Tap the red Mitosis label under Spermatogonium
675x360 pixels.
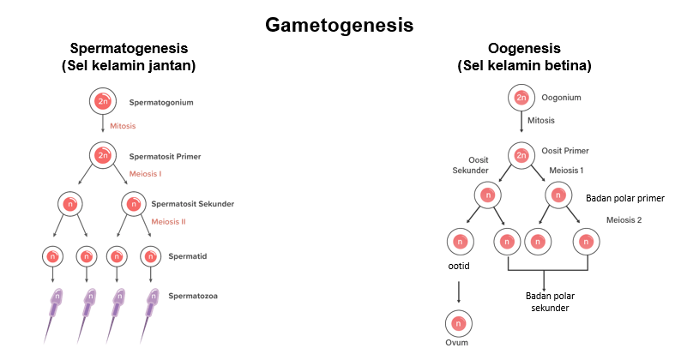[123, 126]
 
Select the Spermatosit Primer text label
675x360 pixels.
[166, 157]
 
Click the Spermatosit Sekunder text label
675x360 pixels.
[192, 204]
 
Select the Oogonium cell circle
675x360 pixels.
[521, 98]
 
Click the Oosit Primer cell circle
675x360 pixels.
[521, 155]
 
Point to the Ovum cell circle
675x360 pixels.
[458, 325]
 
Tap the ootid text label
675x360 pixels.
[458, 267]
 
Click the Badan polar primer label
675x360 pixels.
[625, 198]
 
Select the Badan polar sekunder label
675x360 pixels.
[550, 302]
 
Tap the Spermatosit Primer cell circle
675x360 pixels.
[103, 155]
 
